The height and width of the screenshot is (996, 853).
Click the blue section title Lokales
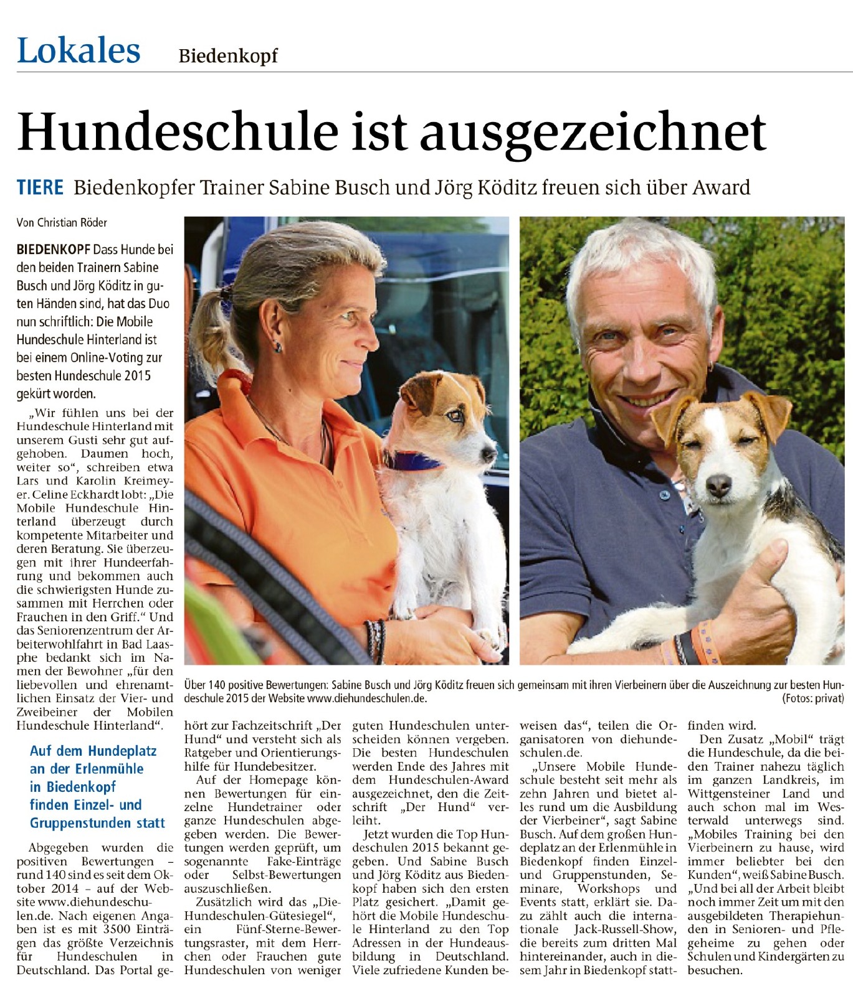tap(79, 51)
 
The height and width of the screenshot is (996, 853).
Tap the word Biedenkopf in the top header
tap(228, 56)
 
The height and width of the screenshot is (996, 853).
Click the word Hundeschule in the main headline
tap(178, 132)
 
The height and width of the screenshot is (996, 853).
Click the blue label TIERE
tap(40, 187)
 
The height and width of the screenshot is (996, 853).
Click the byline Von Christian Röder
tap(62, 223)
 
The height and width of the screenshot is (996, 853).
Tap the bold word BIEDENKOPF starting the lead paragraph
tap(53, 250)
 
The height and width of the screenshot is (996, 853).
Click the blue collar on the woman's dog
tap(412, 461)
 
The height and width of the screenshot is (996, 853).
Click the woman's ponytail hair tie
tap(226, 293)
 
